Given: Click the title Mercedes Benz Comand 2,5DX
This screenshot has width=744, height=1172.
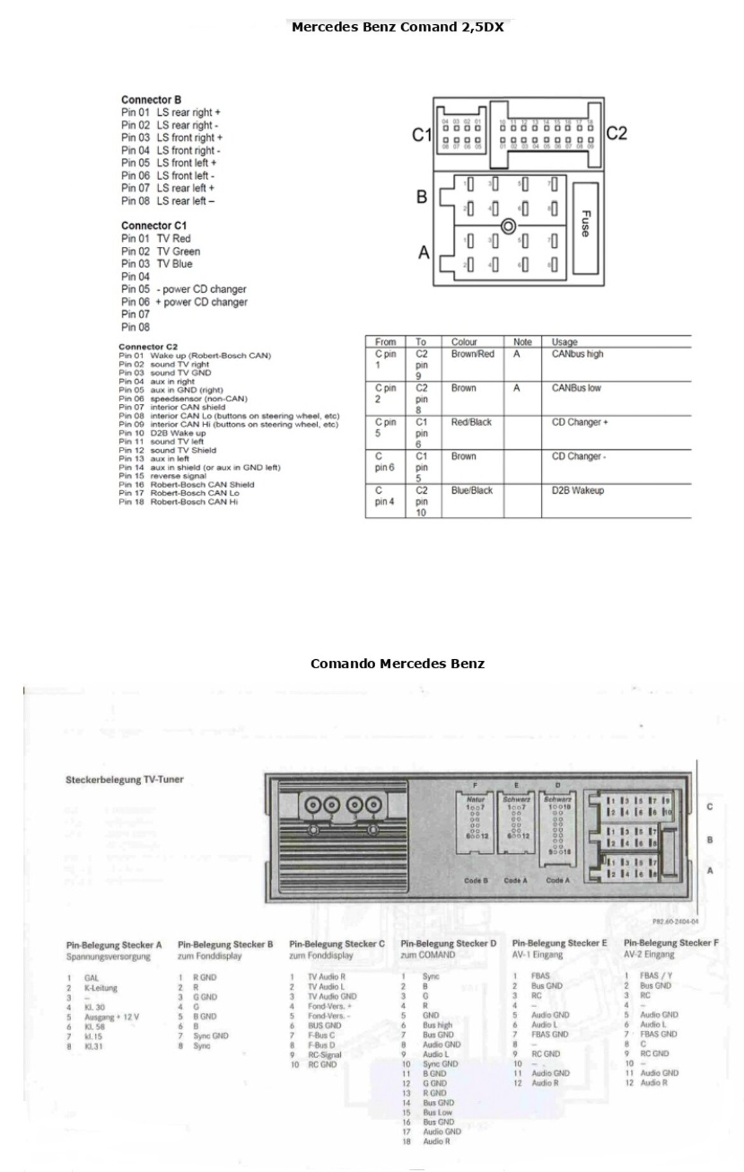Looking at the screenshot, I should pyautogui.click(x=397, y=27).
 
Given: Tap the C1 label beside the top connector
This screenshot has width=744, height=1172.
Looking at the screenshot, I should pyautogui.click(x=422, y=135).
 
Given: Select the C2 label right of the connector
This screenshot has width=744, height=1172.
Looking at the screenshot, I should pyautogui.click(x=616, y=133).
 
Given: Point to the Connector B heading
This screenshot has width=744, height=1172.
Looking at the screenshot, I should pyautogui.click(x=151, y=100).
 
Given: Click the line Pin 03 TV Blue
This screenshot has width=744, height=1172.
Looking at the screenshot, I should pyautogui.click(x=156, y=264).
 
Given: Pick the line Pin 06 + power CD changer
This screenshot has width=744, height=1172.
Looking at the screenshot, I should pyautogui.click(x=184, y=302).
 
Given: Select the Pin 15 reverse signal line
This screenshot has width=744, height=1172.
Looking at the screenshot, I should pyautogui.click(x=163, y=476).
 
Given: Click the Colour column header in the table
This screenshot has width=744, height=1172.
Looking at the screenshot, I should pyautogui.click(x=464, y=342).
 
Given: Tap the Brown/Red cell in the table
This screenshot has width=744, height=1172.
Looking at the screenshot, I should pyautogui.click(x=472, y=354).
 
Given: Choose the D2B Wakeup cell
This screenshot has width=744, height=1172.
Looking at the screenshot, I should pyautogui.click(x=577, y=491).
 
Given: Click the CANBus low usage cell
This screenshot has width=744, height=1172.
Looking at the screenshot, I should pyautogui.click(x=576, y=388).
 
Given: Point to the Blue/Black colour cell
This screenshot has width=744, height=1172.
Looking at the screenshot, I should pyautogui.click(x=472, y=491).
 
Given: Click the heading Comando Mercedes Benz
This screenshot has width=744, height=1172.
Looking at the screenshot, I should pyautogui.click(x=397, y=664).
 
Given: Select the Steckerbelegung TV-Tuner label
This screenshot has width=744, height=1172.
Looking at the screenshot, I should pyautogui.click(x=125, y=779).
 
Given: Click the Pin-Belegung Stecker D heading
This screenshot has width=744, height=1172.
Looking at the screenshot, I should pyautogui.click(x=448, y=943).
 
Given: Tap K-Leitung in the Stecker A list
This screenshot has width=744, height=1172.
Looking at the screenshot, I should pyautogui.click(x=100, y=988).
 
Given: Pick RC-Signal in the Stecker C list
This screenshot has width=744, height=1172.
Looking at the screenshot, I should pyautogui.click(x=324, y=1054).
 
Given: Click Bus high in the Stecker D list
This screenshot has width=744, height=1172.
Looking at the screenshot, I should pyautogui.click(x=437, y=1025).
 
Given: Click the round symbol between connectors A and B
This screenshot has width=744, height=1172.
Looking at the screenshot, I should pyautogui.click(x=508, y=227).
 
